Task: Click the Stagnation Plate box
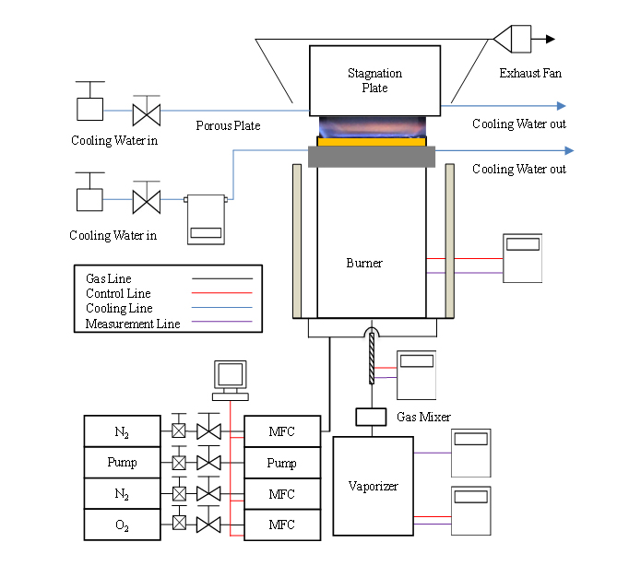[x=374, y=80]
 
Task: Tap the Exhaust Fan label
[x=530, y=73]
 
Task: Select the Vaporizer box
[x=374, y=486]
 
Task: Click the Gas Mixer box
[x=371, y=417]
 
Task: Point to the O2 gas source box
[x=123, y=525]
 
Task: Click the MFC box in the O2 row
[x=282, y=525]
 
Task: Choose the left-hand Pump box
[x=123, y=462]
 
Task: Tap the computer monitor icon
[x=231, y=381]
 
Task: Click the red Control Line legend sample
[x=222, y=293]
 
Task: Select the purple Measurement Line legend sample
[x=222, y=322]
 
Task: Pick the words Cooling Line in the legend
[x=119, y=308]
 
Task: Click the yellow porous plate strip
[x=372, y=142]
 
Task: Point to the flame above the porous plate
[x=373, y=126]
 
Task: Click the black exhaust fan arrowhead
[x=551, y=40]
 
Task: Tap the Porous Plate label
[x=228, y=126]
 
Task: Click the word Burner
[x=364, y=263]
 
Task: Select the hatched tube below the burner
[x=372, y=359]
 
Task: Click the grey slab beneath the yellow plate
[x=372, y=157]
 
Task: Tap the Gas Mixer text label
[x=423, y=417]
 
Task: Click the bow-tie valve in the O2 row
[x=208, y=525]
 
